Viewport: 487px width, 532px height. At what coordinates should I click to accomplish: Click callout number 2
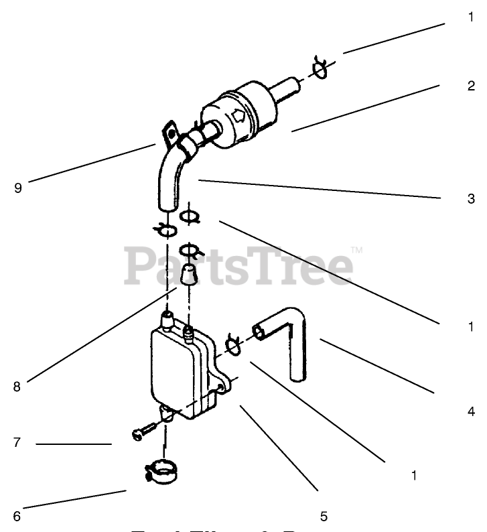tap(471, 86)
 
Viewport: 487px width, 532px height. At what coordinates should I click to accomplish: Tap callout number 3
tap(471, 199)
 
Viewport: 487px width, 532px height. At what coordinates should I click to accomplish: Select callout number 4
tap(471, 411)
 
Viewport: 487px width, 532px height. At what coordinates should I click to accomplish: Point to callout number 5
tap(324, 516)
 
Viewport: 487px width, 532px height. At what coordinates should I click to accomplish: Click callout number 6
tap(17, 516)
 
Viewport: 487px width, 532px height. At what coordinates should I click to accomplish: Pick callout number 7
tap(17, 443)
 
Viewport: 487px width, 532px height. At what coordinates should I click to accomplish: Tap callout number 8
tap(17, 386)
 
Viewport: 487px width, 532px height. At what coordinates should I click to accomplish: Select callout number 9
tap(17, 188)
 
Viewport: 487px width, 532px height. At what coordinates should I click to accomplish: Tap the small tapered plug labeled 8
tap(190, 275)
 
